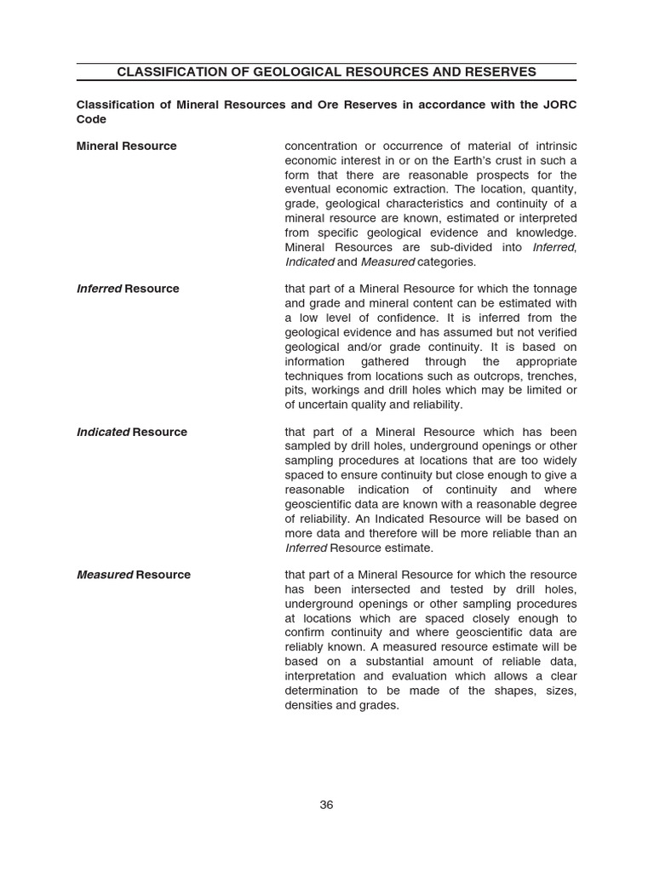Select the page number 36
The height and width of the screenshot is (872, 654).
pos(326,805)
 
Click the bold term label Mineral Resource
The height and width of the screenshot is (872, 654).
pos(126,146)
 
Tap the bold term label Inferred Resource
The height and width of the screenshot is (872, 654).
pos(128,289)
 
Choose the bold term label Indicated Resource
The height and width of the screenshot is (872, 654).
pos(131,432)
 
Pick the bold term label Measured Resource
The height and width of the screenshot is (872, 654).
pos(134,575)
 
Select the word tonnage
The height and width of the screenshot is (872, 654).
pos(553,289)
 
